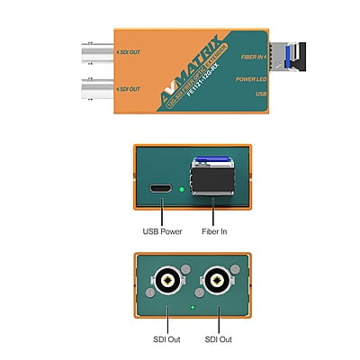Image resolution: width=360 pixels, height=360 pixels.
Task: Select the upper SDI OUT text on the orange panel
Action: coord(129,53)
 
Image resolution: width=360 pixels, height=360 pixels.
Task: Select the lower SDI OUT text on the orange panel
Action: coord(129,89)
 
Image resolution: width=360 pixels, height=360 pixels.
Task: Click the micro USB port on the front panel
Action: coord(160,189)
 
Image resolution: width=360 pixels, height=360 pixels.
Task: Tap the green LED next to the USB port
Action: coord(182,190)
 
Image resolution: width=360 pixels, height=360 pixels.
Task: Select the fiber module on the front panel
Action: coord(211,181)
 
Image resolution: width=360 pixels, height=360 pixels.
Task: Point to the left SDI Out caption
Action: coord(167,338)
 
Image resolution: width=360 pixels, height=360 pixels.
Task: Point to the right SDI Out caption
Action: coord(220,338)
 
